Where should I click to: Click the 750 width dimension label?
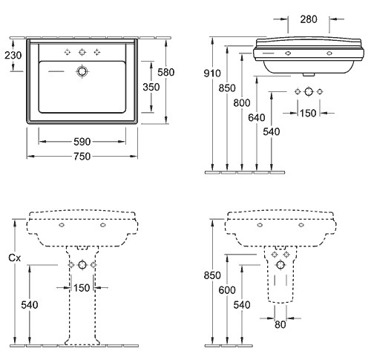coord(82,157)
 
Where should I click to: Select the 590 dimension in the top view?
coord(82,142)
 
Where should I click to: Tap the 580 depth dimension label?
coord(166,72)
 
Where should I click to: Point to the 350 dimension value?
coord(151,87)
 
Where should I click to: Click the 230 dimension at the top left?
coord(13,55)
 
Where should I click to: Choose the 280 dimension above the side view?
coord(309,19)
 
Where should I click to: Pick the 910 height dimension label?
coord(212,73)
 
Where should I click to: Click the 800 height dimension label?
coord(242,102)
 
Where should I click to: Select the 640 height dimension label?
coord(257,117)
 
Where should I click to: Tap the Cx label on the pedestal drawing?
coord(14,258)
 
